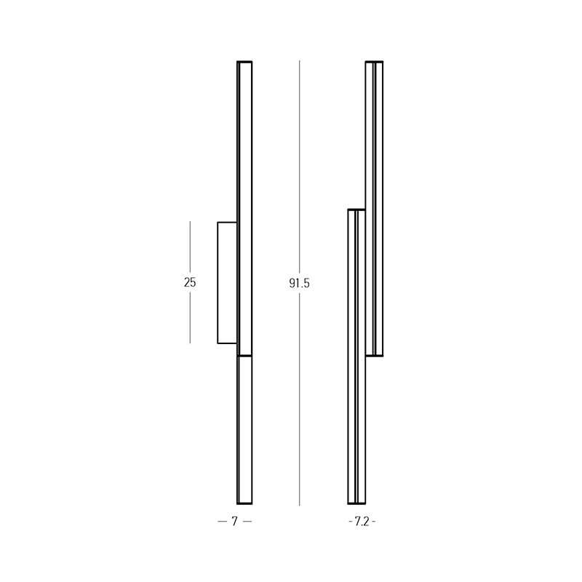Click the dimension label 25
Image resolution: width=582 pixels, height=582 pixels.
[x=190, y=283]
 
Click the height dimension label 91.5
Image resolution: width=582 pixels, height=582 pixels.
[x=299, y=284]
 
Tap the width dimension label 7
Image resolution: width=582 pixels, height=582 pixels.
[x=234, y=522]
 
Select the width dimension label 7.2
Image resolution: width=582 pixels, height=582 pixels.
[x=362, y=522]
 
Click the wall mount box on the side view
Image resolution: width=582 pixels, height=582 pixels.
[x=227, y=282]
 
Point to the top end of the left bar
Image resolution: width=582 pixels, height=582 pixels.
[x=244, y=62]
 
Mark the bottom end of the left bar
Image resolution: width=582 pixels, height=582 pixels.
[x=244, y=503]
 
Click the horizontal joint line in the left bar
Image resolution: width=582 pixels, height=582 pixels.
[x=244, y=355]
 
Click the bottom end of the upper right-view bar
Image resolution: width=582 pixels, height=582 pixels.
[x=374, y=355]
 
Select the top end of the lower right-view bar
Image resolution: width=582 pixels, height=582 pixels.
[x=356, y=210]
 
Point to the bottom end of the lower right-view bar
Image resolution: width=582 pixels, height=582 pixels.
[x=356, y=503]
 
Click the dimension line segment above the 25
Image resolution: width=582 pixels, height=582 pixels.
[x=190, y=247]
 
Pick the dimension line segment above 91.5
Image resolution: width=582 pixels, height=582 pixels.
[x=299, y=167]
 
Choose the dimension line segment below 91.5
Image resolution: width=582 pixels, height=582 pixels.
[x=299, y=400]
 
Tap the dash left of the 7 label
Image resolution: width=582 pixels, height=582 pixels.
[x=222, y=522]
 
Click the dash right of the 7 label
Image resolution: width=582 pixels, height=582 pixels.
[x=247, y=522]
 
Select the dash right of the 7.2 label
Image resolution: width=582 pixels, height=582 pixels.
[x=375, y=522]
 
